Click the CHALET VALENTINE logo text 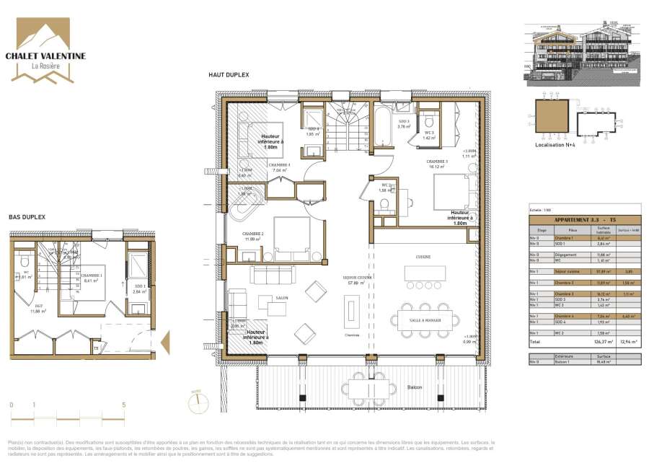click(45, 56)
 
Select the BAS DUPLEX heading click(27, 216)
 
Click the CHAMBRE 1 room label click(91, 276)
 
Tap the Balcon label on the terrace click(414, 388)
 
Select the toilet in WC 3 click(431, 120)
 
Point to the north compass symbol click(194, 402)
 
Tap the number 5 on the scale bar click(124, 405)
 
